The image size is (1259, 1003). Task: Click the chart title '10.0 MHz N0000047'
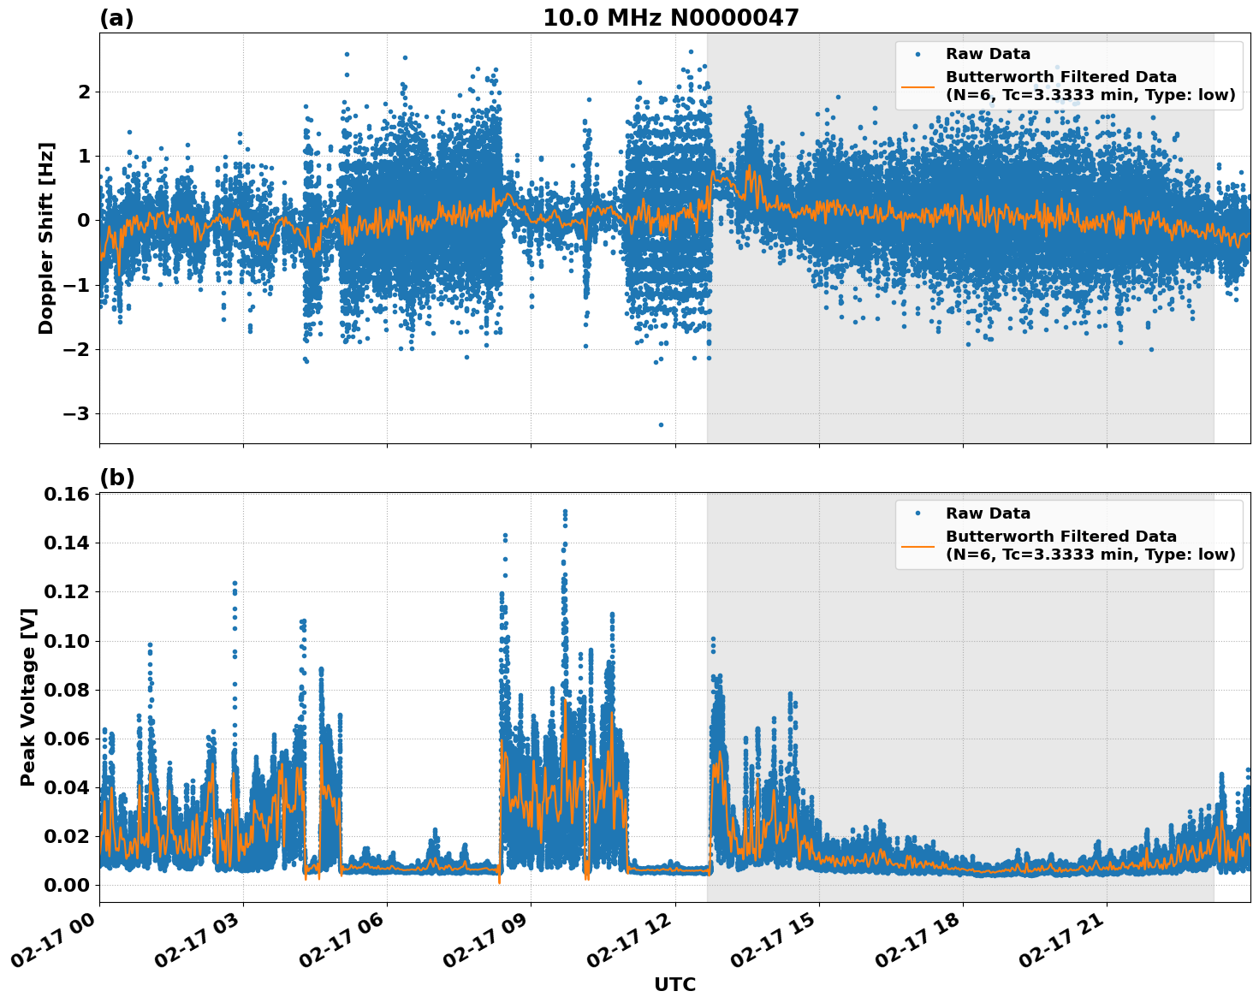pos(670,18)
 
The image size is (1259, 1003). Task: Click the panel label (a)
pos(116,18)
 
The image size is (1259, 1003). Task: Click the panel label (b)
pos(116,478)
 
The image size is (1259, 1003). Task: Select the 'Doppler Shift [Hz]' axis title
pos(46,238)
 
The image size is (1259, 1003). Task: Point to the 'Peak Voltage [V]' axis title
pos(28,697)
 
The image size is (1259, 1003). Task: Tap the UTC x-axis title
pos(674,984)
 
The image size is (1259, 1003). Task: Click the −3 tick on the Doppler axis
pos(79,414)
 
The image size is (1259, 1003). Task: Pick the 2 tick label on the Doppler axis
pos(85,92)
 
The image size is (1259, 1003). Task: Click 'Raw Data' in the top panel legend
pos(988,54)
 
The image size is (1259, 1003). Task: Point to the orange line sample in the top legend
pos(918,86)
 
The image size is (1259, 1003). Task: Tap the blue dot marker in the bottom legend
pos(918,513)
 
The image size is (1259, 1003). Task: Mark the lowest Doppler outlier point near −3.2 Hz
pos(661,424)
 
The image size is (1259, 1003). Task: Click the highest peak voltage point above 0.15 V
pos(565,512)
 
